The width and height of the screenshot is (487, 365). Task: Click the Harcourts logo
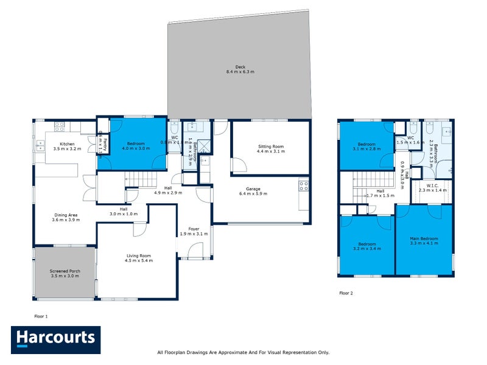pos(55,340)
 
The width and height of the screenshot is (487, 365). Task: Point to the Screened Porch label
pos(64,274)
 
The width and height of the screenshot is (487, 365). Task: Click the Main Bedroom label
pos(424,242)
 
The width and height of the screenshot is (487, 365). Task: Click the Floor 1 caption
pos(41,316)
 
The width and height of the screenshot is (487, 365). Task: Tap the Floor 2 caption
pos(346,293)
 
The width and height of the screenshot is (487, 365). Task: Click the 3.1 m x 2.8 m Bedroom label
pos(366,146)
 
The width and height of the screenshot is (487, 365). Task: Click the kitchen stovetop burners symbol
pos(60,127)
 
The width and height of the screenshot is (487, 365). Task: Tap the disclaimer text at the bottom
pos(243,352)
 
